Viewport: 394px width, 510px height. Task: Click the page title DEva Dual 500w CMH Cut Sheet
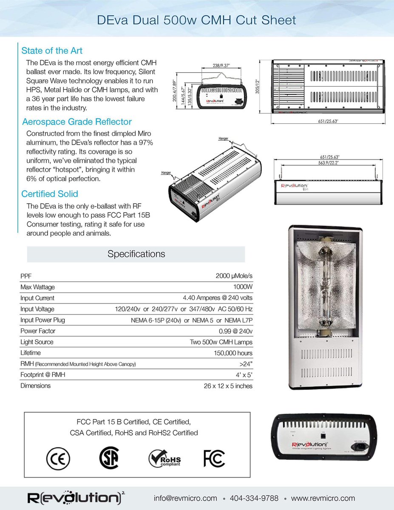click(197, 20)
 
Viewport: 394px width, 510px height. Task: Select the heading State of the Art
click(52, 51)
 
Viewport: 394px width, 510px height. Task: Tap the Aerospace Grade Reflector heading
click(77, 122)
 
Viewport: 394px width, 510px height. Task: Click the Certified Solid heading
click(50, 194)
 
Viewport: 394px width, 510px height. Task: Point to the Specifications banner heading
click(136, 254)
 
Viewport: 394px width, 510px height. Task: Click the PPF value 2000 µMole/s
click(234, 276)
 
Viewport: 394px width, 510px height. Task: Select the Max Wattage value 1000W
click(243, 287)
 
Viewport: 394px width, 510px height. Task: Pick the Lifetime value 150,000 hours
click(233, 353)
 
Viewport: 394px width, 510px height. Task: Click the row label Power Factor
click(38, 331)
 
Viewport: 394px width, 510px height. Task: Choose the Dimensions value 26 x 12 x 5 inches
click(228, 386)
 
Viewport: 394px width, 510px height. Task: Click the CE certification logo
click(57, 458)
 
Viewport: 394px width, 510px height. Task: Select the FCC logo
click(214, 458)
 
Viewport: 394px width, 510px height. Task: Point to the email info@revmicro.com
click(185, 498)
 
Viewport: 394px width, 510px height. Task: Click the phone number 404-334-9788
click(254, 498)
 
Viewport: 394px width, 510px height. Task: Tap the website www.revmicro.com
click(323, 498)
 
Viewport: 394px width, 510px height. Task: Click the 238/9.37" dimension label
click(221, 65)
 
